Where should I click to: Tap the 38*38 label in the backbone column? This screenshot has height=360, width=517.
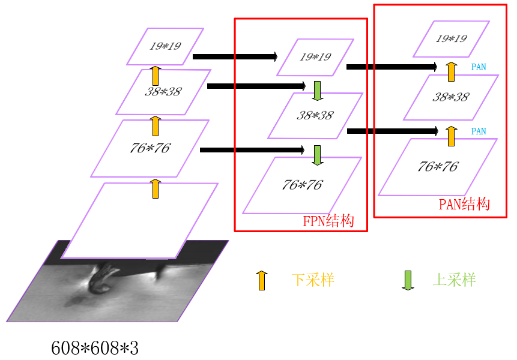point(163,92)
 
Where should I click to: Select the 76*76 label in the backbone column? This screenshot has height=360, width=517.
point(150,148)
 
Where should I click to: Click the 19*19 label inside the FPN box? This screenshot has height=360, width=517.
point(315,56)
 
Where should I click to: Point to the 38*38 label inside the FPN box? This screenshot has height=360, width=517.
point(315,115)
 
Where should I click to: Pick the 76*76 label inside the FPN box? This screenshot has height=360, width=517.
point(301,185)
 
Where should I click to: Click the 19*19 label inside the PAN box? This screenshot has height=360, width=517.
point(452,38)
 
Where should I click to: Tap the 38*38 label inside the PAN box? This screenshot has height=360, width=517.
point(450,97)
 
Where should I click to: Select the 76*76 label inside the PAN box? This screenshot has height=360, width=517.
point(438,166)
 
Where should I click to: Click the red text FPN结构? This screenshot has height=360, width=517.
point(328,221)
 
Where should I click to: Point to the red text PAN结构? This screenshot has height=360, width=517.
point(464,204)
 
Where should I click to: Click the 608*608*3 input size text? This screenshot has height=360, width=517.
point(95,347)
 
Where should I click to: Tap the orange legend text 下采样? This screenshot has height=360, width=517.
point(313,280)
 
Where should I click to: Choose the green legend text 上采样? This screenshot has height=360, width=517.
point(454,280)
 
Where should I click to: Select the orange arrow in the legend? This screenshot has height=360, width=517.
point(261,280)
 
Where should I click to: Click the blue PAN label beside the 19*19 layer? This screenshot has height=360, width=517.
point(479,67)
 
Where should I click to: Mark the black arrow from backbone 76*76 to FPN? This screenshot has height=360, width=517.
point(252,149)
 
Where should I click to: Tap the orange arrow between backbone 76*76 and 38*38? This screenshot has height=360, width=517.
point(156,126)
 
